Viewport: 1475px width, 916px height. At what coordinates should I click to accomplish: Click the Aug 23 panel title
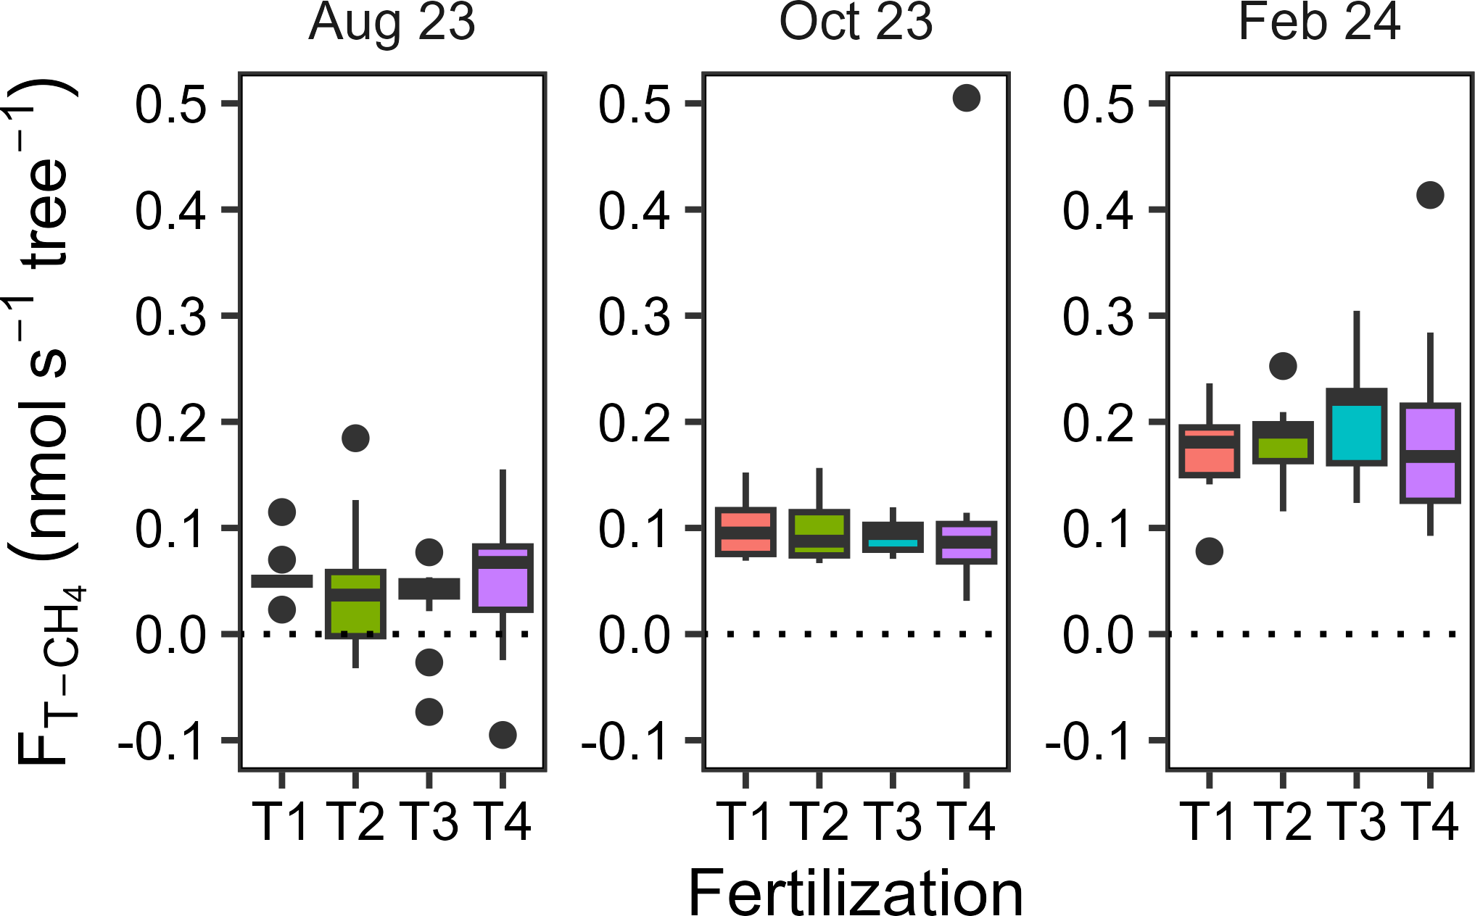[392, 23]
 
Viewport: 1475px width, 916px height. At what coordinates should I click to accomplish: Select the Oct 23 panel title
[856, 23]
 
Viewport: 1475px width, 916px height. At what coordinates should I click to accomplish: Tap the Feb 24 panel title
[1319, 23]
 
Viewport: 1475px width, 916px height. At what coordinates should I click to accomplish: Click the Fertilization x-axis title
[856, 893]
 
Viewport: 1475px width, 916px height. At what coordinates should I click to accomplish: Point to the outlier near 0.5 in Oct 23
[966, 98]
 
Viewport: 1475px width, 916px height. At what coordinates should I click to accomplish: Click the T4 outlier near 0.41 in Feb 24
[1430, 195]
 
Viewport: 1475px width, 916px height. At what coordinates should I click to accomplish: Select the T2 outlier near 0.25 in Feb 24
[1283, 366]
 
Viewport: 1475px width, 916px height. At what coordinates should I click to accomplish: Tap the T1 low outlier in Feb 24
[1209, 551]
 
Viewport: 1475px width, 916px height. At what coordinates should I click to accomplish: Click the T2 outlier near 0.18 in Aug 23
[355, 438]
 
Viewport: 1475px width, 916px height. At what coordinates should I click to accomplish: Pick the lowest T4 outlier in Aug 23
[503, 735]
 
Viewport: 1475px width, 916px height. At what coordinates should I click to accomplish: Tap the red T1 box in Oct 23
[745, 533]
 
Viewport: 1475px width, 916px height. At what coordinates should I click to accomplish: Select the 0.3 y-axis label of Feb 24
[1097, 317]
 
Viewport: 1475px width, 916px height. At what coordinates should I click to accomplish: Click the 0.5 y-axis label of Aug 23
[170, 104]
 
